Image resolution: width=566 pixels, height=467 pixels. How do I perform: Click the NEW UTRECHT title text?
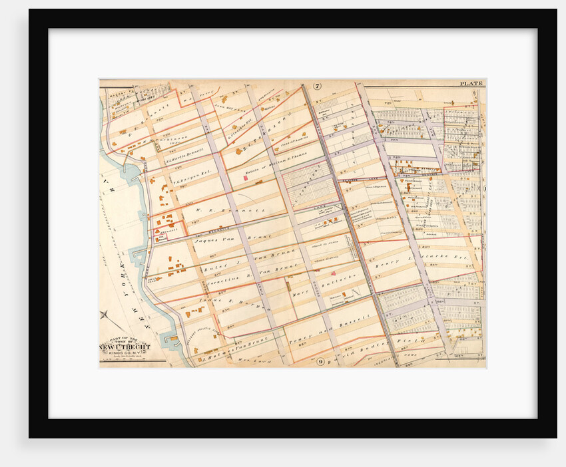125,347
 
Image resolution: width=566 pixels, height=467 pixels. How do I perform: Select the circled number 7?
318,86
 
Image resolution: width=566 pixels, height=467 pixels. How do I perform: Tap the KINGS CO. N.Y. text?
125,354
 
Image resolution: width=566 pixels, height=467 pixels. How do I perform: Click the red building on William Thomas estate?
245,179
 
